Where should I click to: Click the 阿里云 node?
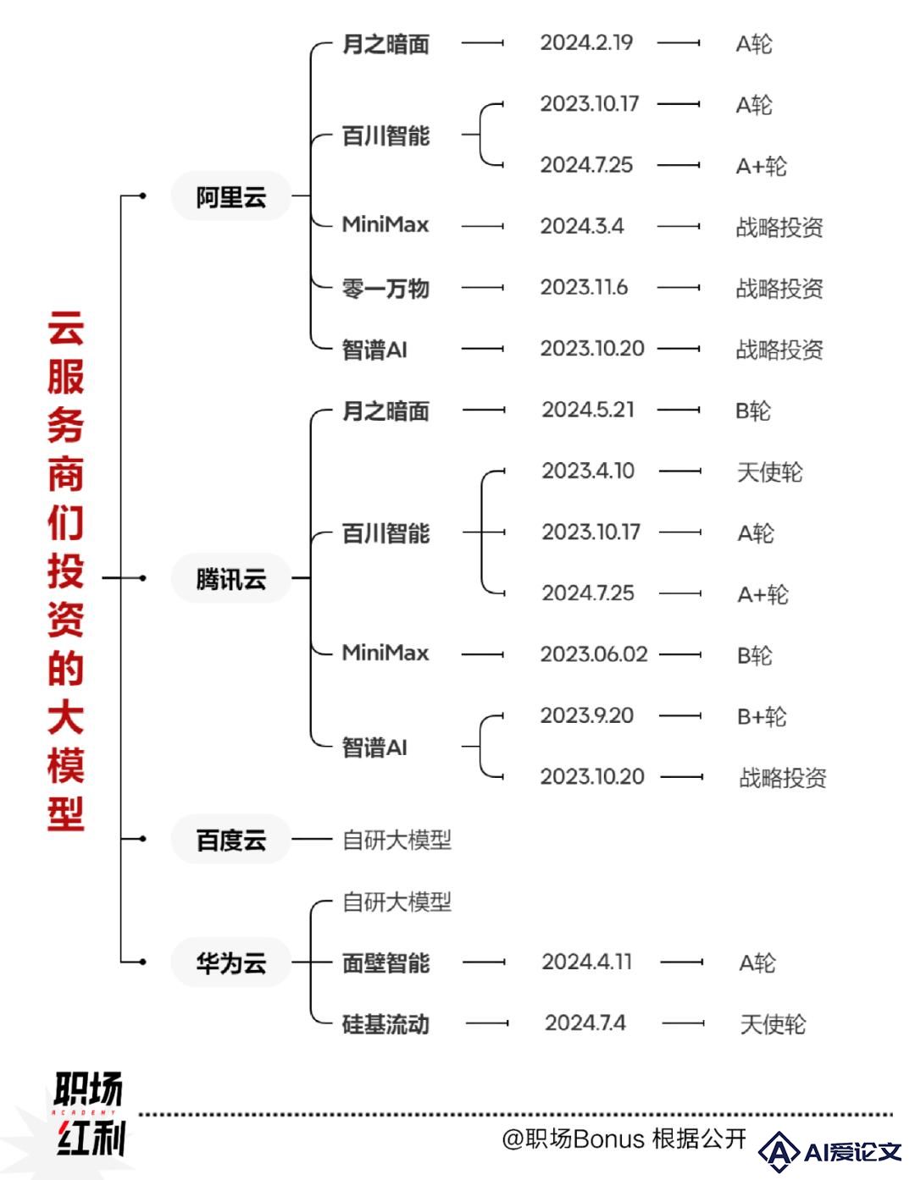pos(231,196)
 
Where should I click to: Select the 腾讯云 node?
pos(231,578)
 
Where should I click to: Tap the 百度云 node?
pos(231,839)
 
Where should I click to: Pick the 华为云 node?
pos(231,962)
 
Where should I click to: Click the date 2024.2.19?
pos(586,43)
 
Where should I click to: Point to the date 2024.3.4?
pos(582,226)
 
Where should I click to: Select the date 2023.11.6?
pos(584,287)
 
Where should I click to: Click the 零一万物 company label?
pos(385,289)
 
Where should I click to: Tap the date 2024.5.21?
pos(588,410)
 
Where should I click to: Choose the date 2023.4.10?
pos(588,471)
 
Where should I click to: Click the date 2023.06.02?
pos(594,654)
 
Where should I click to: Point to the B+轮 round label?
pos(762,717)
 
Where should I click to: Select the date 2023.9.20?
pos(587,716)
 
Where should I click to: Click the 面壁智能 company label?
pos(385,962)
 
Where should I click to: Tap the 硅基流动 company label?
pos(385,1024)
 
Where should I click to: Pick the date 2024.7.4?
pos(585,1023)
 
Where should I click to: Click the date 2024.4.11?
pos(587,962)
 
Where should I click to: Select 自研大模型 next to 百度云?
pos(396,840)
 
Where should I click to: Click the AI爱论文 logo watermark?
pos(829,1152)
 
